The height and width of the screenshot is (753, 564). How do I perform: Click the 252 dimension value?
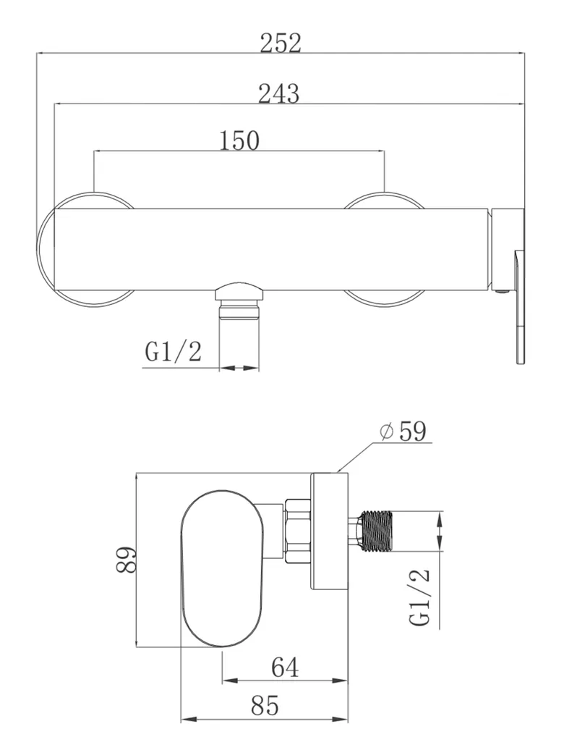[x=281, y=43]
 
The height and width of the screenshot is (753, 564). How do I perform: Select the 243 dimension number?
[x=279, y=93]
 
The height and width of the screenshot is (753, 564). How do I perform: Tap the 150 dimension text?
[x=239, y=140]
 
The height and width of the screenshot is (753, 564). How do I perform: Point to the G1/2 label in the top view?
[x=174, y=352]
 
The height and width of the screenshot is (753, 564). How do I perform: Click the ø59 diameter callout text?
[x=403, y=432]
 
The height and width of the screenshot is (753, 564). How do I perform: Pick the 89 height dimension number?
[x=126, y=560]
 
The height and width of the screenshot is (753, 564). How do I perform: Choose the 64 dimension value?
[x=285, y=667]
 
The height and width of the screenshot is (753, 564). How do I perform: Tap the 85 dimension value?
[x=264, y=705]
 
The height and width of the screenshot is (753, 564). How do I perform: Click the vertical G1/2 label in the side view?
[x=419, y=597]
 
